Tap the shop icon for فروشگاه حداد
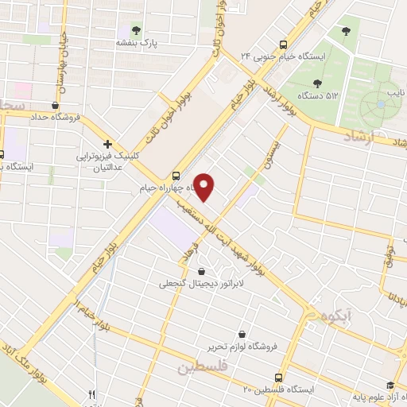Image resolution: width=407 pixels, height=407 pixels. [x=54, y=104]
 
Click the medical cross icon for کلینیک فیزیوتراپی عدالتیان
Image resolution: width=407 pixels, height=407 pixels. [x=107, y=145]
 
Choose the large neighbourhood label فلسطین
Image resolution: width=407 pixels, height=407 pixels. [x=203, y=367]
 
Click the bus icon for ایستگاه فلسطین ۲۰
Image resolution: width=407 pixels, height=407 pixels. [x=277, y=377]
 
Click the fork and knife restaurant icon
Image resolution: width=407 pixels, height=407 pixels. [x=92, y=393]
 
